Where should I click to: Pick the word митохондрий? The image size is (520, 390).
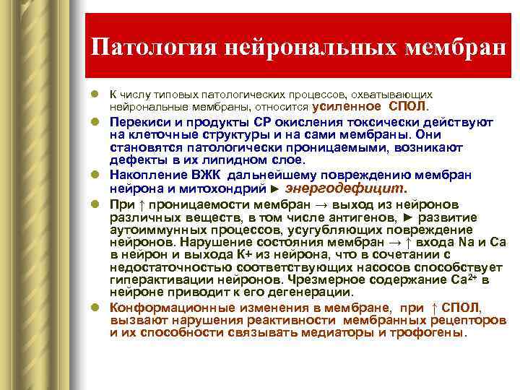(225, 188)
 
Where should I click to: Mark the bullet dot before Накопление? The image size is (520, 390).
(95, 175)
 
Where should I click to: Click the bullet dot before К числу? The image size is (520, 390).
(95, 95)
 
